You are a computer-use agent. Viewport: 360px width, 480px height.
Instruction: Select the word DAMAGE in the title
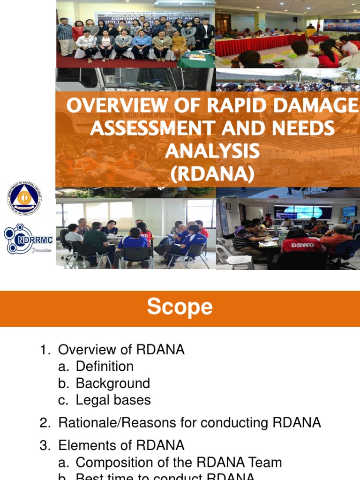[x=323, y=106]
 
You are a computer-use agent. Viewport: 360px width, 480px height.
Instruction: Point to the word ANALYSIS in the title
[x=212, y=151]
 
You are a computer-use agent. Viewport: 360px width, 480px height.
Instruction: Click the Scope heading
[x=180, y=307]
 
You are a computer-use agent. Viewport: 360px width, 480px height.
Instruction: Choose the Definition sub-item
[x=105, y=367]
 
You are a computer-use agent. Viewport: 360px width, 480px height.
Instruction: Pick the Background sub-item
[x=112, y=383]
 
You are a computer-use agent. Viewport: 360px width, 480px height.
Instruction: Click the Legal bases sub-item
[x=113, y=400]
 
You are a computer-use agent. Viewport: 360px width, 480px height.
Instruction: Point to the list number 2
[x=45, y=423]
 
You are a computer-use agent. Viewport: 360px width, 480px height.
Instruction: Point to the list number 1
[x=45, y=350]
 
